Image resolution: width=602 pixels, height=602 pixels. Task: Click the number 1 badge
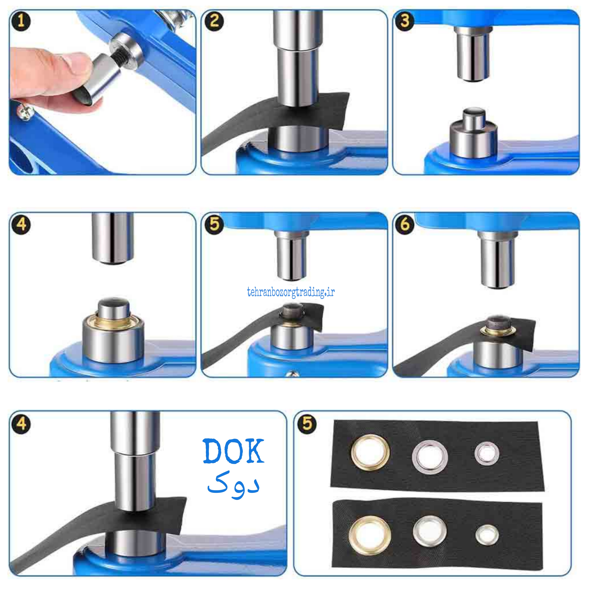click(x=21, y=21)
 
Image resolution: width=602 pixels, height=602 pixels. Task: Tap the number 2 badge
click(x=214, y=21)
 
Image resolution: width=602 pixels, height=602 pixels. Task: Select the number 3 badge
click(x=405, y=21)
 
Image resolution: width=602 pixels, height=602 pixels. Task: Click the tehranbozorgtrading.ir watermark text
click(x=291, y=293)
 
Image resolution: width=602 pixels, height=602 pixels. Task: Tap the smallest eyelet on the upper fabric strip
click(x=487, y=454)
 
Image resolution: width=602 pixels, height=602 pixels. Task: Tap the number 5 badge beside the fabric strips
click(x=307, y=424)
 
